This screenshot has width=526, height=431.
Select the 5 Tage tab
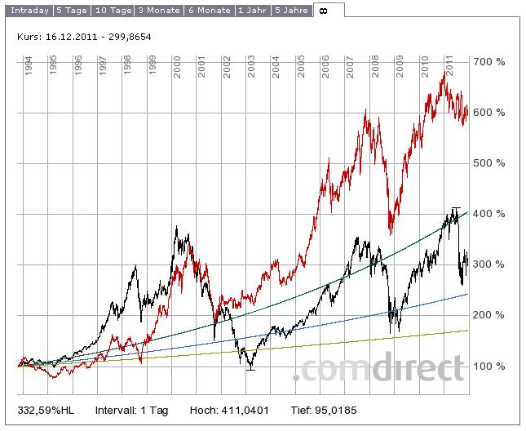tap(72, 11)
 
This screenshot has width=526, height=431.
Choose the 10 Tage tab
tap(112, 11)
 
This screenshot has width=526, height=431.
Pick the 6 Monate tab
tap(210, 11)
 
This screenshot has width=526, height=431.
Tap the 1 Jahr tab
tap(253, 11)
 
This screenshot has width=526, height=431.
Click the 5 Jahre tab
tap(291, 11)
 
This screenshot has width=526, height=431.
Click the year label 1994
tap(29, 66)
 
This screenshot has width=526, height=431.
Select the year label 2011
tap(450, 66)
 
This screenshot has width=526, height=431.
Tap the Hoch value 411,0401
tap(245, 409)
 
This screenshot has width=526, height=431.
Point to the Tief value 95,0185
tap(333, 409)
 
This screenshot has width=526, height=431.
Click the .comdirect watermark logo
tap(378, 369)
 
